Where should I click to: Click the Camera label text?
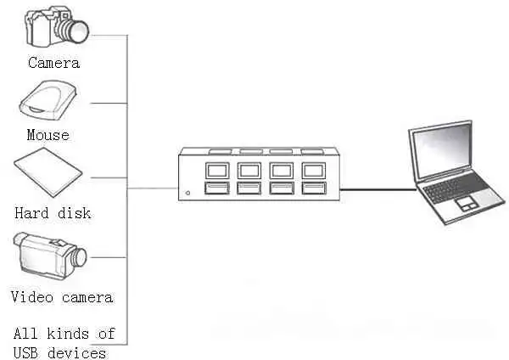53,63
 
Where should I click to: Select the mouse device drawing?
48,101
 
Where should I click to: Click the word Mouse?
48,135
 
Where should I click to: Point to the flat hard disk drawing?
48,172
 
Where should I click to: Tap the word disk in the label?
74,213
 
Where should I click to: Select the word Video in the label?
32,297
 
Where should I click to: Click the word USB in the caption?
25,353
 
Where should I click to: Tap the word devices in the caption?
76,353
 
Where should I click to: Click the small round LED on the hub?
187,193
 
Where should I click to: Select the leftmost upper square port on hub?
217,171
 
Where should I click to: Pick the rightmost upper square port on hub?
314,171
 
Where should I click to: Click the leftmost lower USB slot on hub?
217,188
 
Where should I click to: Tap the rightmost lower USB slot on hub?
314,188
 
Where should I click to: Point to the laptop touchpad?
467,203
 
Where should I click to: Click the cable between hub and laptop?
378,189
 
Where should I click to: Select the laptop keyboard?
456,188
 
